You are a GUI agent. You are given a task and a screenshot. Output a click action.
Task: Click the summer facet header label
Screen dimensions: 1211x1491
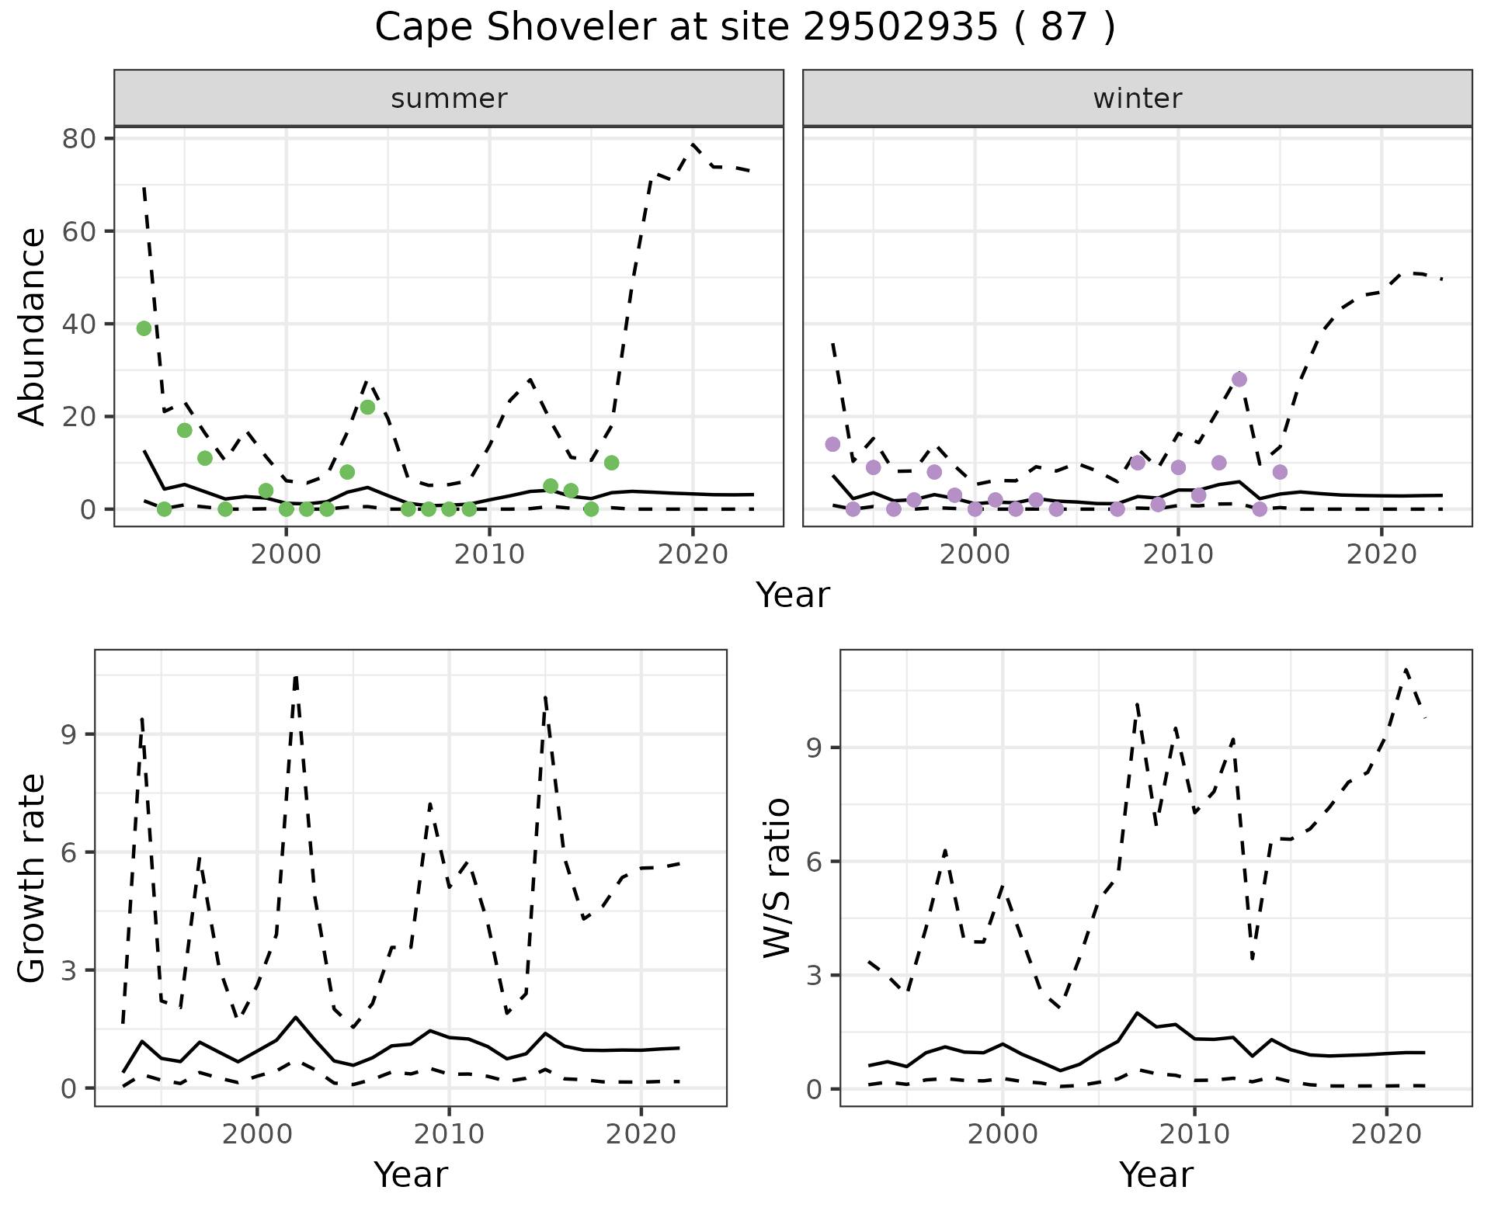click(449, 99)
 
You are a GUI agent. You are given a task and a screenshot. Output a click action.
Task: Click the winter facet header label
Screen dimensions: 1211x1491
click(1137, 99)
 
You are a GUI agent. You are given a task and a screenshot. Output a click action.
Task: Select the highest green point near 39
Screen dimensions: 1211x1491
click(144, 328)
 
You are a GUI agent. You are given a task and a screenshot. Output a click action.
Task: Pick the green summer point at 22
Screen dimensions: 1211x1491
click(367, 407)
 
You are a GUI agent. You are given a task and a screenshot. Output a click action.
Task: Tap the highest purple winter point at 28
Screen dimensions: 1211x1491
click(1239, 379)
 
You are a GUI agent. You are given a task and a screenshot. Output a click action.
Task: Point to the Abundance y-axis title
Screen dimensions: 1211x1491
click(33, 326)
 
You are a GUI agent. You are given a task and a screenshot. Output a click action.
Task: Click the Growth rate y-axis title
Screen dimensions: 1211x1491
click(33, 878)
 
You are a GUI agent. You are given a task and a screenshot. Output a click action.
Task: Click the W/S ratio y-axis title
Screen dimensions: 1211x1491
click(777, 878)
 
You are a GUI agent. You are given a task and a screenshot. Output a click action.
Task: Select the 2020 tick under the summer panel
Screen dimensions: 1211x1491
click(692, 554)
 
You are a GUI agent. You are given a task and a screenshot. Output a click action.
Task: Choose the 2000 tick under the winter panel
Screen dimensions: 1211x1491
click(975, 554)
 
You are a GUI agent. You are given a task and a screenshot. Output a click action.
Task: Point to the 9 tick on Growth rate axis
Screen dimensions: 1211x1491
click(68, 734)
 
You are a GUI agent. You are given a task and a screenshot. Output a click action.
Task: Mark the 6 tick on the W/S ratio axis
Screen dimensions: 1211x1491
click(813, 862)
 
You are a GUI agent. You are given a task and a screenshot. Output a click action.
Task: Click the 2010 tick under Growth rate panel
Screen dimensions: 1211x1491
click(449, 1134)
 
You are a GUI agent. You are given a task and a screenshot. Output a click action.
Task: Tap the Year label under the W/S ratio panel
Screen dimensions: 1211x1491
click(1156, 1175)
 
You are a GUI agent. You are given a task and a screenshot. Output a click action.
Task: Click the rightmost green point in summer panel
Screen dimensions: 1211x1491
click(611, 463)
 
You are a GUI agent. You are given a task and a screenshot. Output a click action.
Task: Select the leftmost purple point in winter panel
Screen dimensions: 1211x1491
click(832, 444)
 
